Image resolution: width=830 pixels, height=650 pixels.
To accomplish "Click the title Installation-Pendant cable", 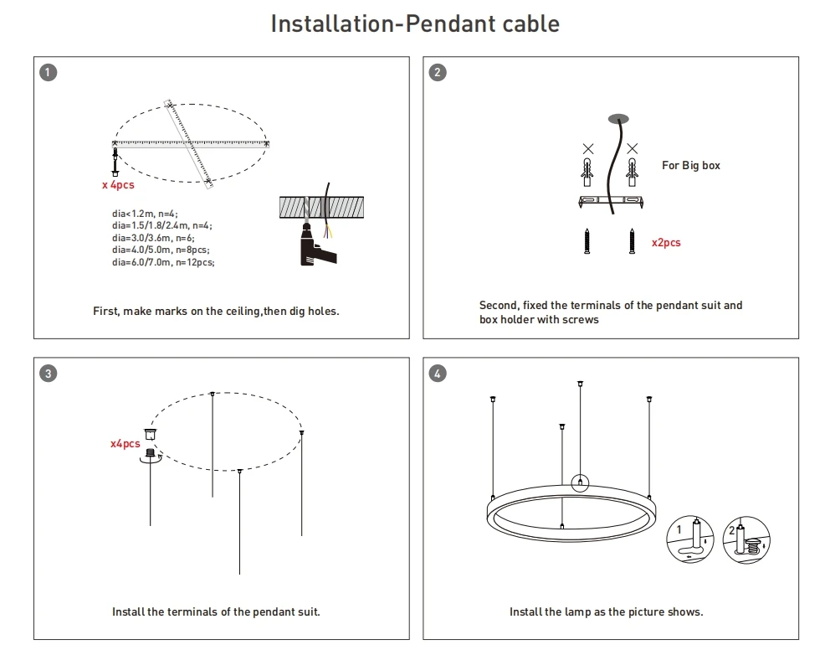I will (415, 23).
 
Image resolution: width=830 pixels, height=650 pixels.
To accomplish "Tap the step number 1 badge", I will (49, 72).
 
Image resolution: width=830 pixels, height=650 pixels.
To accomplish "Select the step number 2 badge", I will (438, 72).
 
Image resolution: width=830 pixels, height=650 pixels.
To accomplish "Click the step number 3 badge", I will (49, 374).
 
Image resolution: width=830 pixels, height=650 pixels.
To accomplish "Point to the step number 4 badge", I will (438, 374).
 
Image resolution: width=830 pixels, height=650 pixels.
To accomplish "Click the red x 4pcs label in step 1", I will (118, 184).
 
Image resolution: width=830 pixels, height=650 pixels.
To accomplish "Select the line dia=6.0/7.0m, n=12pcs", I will (163, 262).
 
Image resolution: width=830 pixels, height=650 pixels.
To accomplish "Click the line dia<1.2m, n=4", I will (145, 214).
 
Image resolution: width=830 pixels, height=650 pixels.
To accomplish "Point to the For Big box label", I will (690, 166).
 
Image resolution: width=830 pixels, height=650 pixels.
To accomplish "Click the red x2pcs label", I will (666, 243).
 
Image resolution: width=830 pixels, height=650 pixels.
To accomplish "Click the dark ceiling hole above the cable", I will (617, 117).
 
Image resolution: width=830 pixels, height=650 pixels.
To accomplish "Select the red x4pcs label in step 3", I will (126, 443).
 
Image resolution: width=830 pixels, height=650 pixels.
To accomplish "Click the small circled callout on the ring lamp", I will (580, 482).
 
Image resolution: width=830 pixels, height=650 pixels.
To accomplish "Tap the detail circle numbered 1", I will (691, 539).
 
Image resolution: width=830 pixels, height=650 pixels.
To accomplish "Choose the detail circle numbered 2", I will (745, 539).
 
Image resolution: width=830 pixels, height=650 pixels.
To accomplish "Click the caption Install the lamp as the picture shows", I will (606, 612).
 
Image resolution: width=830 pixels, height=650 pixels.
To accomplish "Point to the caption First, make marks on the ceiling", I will (216, 312).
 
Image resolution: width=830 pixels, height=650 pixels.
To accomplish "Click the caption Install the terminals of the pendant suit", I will (216, 612).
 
